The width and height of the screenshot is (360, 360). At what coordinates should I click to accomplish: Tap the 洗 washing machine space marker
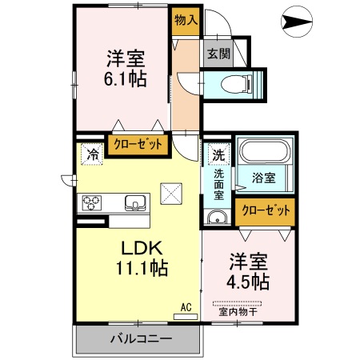click(217, 154)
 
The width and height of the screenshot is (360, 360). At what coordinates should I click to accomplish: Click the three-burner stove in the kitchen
click(90, 202)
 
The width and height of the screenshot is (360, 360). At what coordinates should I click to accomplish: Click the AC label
click(185, 306)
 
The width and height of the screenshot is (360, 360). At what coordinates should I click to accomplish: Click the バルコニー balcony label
click(140, 339)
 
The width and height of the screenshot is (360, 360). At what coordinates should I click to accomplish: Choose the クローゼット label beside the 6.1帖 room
click(138, 145)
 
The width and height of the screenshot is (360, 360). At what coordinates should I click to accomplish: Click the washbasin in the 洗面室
click(215, 218)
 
